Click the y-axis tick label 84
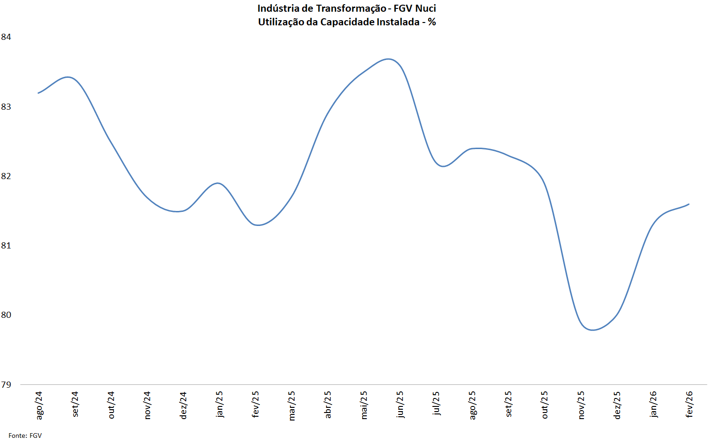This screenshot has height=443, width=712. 6,37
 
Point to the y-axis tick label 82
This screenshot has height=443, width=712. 6,176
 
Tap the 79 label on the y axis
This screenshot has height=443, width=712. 6,385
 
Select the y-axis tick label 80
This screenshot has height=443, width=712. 6,315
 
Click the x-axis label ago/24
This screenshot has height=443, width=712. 39,405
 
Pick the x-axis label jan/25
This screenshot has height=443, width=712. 220,404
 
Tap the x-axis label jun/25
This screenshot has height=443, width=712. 400,404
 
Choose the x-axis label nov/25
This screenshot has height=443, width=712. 581,405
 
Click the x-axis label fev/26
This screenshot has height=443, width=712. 689,404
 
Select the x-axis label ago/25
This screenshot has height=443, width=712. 472,405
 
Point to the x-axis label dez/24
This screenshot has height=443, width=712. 183,405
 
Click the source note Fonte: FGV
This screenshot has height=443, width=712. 25,435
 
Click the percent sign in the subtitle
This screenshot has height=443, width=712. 432,22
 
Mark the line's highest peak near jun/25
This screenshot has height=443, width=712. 388,59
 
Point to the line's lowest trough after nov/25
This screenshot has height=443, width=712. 593,330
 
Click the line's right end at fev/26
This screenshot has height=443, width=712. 689,204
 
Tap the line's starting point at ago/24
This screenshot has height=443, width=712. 38,93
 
